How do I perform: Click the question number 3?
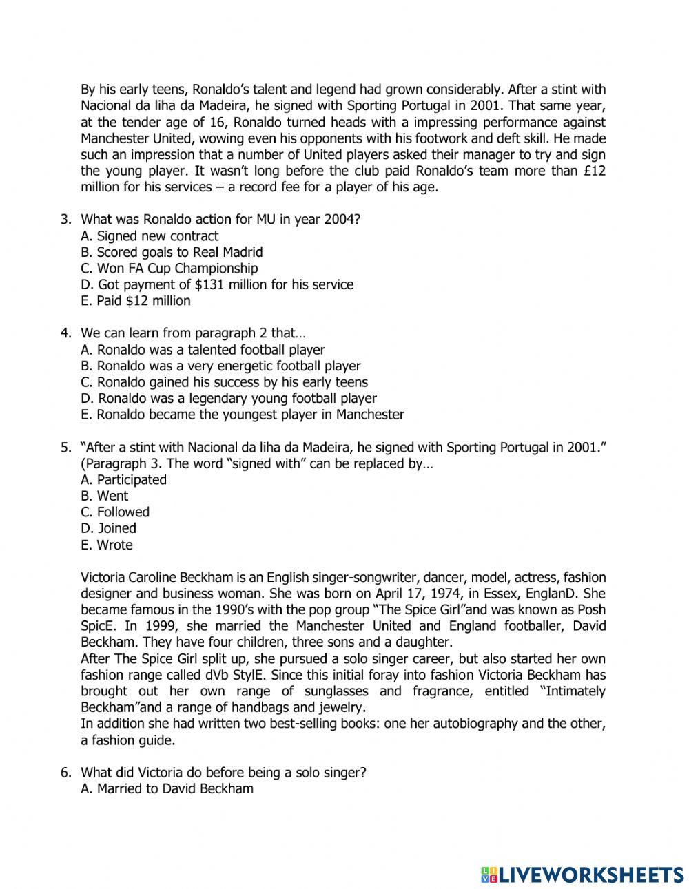pyautogui.click(x=65, y=220)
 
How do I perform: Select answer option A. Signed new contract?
pyautogui.click(x=149, y=236)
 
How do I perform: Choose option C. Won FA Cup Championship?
pyautogui.click(x=169, y=269)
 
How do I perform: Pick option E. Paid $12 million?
pyautogui.click(x=136, y=301)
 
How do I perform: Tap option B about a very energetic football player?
pyautogui.click(x=220, y=366)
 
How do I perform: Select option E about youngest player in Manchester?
pyautogui.click(x=242, y=415)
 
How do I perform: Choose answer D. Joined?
pyautogui.click(x=108, y=528)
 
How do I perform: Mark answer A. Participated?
pyautogui.click(x=123, y=479)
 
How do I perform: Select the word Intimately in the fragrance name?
pyautogui.click(x=574, y=691)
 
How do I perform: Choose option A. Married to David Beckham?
pyautogui.click(x=167, y=788)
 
